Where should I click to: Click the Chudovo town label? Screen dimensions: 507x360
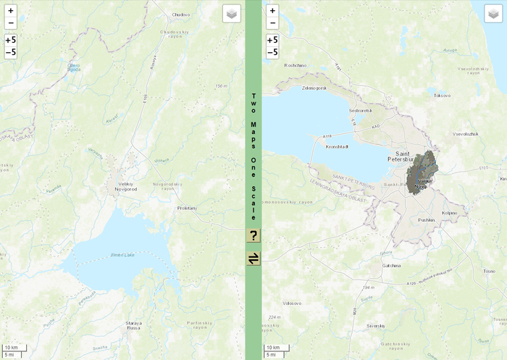180,14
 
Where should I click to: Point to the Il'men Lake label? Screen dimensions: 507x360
122,254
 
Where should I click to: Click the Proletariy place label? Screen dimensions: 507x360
188,207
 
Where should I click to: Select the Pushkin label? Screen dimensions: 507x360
427,219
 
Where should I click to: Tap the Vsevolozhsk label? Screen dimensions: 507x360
466,134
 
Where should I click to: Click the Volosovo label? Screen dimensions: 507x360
292,303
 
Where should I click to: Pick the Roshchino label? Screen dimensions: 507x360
296,64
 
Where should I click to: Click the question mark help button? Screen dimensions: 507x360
253,235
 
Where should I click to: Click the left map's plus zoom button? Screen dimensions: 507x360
11,11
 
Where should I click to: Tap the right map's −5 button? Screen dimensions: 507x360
272,52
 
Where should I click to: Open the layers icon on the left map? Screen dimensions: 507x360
231,14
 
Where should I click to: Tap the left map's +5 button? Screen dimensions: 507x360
11,40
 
